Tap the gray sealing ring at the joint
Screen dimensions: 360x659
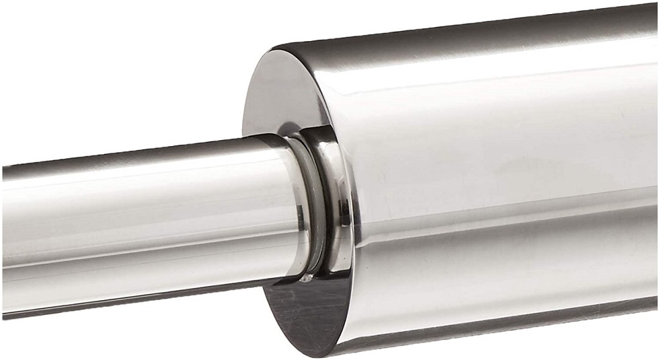311,202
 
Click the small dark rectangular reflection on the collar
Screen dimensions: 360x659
344,216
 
